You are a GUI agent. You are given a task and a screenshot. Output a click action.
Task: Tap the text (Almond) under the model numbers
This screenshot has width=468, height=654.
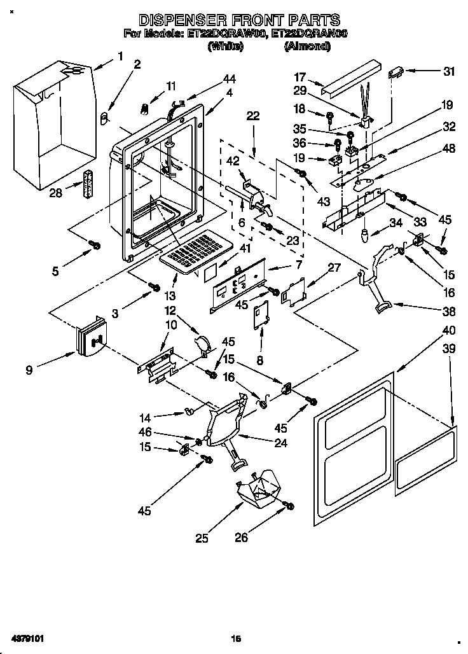point(307,46)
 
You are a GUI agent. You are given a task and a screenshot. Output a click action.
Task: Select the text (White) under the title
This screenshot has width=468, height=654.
point(226,46)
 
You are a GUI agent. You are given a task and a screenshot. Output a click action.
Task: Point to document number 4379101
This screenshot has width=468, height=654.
point(26,637)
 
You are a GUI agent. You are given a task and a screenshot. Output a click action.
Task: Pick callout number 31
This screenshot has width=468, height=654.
point(450,71)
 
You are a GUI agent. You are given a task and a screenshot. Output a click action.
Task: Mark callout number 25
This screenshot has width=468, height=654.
point(202,539)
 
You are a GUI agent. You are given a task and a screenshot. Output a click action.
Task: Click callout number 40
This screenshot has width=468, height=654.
point(449,330)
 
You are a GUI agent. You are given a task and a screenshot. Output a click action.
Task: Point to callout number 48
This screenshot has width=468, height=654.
point(449,150)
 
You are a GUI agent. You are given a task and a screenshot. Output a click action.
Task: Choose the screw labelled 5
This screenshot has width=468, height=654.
point(95,244)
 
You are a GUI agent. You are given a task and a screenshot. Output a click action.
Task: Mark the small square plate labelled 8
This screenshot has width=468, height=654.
point(260,315)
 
